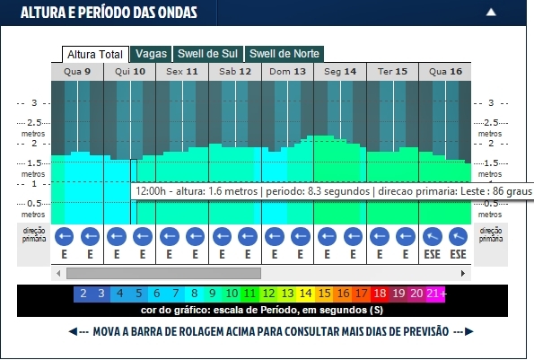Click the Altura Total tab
[x=94, y=54]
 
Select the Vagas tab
[x=151, y=54]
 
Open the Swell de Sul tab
[x=208, y=54]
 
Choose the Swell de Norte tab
[x=284, y=54]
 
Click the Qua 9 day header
[x=77, y=71]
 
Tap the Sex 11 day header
[x=182, y=71]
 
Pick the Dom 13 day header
[x=287, y=71]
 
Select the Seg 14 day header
[x=340, y=71]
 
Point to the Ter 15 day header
[x=392, y=71]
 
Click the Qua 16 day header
[x=445, y=71]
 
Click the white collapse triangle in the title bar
[x=515, y=13]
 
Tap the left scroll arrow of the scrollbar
[x=58, y=273]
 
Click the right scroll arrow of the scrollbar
[x=467, y=273]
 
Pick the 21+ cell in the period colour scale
[x=435, y=294]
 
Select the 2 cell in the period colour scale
[x=83, y=294]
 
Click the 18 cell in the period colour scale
[x=380, y=294]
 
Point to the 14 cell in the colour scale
[x=305, y=294]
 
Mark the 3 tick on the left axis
[x=35, y=102]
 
